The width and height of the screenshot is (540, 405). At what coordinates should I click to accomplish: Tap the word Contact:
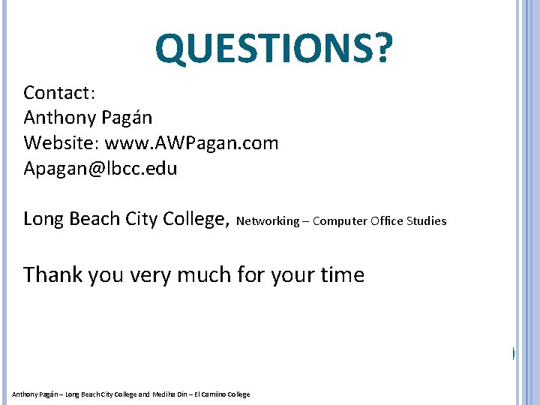[x=59, y=93]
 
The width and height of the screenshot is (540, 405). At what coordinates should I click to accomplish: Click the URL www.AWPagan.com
[x=191, y=143]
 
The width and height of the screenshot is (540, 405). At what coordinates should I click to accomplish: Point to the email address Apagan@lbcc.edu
[x=100, y=169]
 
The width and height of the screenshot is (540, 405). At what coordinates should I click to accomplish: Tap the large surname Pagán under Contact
[x=127, y=118]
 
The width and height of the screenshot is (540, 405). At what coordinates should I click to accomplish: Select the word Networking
[x=268, y=221]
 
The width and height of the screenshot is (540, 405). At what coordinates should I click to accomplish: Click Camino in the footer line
[x=209, y=394]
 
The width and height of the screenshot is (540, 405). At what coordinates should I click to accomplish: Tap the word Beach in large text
[x=94, y=219]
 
